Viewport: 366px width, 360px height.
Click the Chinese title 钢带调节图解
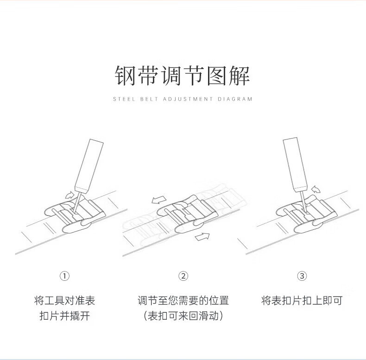coord(183,76)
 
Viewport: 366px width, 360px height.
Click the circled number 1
coord(64,276)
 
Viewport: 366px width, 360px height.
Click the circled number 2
coord(183,276)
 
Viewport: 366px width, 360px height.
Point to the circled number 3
coord(302,276)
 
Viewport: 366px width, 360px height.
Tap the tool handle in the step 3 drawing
coord(296,162)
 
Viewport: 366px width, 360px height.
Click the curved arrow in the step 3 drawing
coord(316,189)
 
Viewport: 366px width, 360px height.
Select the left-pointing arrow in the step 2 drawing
coord(158,200)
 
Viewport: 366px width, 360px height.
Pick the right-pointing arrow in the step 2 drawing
coord(202,237)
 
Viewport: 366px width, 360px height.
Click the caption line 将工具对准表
coord(64,301)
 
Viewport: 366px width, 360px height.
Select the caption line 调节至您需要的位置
coord(183,301)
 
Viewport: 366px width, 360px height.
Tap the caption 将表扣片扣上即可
coord(302,301)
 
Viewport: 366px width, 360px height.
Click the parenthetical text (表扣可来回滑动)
coord(183,316)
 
